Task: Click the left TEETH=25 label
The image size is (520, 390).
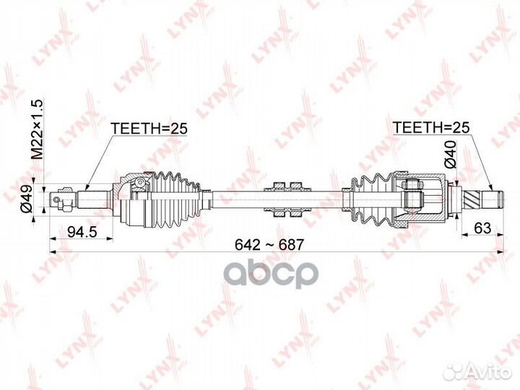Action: [x=149, y=129]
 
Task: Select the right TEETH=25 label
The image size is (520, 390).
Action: [x=431, y=128]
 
